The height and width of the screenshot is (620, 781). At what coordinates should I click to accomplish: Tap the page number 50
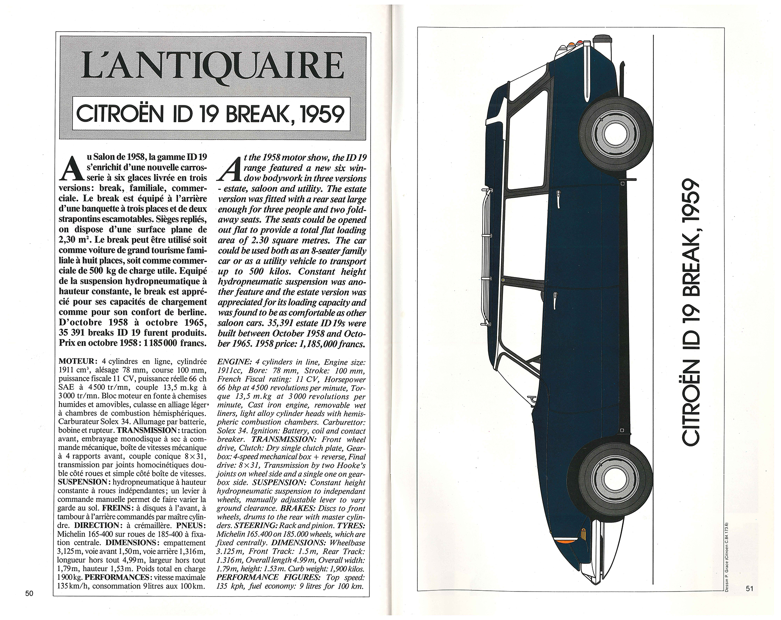[29, 604]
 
